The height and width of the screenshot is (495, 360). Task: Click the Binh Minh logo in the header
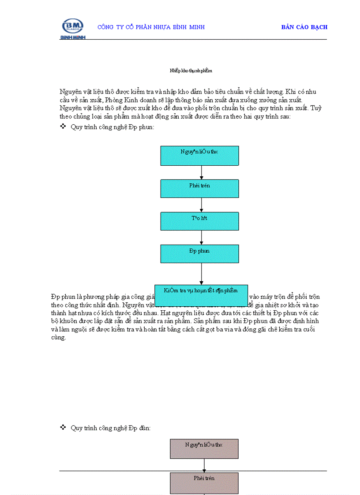point(73,28)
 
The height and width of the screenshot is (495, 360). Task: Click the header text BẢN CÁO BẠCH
point(304,27)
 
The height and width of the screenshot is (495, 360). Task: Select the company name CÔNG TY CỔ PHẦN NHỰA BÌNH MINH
point(151,27)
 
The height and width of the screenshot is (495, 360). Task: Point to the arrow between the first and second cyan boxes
point(202,172)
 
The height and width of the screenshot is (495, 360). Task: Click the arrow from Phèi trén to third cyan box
point(202,205)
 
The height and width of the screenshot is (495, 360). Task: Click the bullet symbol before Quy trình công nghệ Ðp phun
point(63,127)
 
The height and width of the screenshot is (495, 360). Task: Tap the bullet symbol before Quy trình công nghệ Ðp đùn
point(63,428)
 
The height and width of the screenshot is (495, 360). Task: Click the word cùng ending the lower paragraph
point(58,338)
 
